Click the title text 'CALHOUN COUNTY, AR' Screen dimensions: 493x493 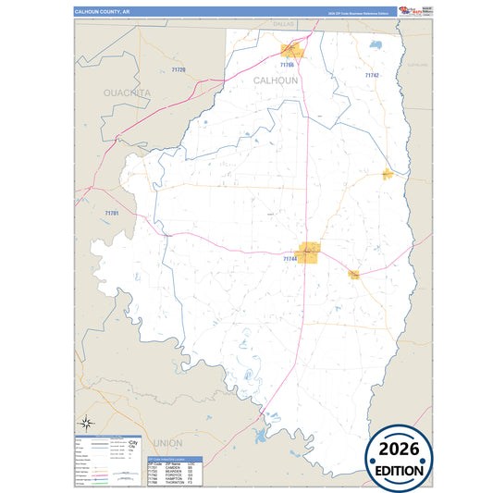pyautogui.click(x=108, y=12)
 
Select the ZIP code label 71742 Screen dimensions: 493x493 pyautogui.click(x=372, y=75)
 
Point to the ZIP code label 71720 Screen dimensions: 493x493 pyautogui.click(x=179, y=70)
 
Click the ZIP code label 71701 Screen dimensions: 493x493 pyautogui.click(x=112, y=214)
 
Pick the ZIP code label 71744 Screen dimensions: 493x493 pyautogui.click(x=290, y=259)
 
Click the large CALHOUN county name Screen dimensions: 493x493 pyautogui.click(x=276, y=81)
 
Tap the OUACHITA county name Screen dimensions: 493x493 pyautogui.click(x=127, y=93)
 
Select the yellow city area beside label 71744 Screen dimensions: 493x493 pyautogui.click(x=309, y=251)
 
